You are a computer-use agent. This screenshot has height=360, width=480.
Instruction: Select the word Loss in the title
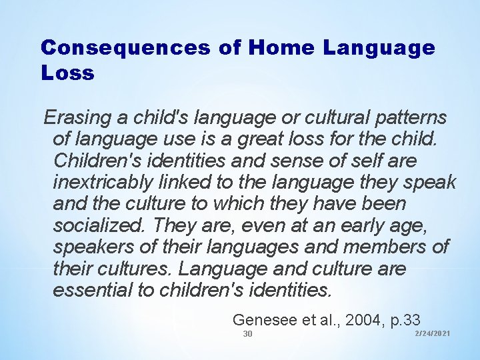[x=67, y=73]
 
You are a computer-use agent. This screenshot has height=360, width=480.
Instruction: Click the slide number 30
[x=247, y=333]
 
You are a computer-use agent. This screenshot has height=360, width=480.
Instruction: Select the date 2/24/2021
[x=433, y=333]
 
